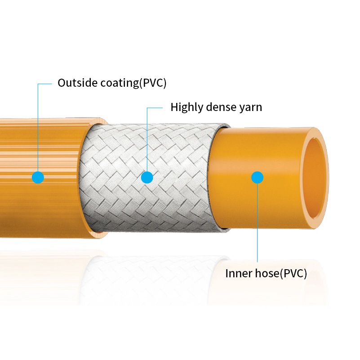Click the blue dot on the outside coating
(x=38, y=177)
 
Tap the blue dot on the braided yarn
(x=147, y=178)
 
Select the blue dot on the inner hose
(x=257, y=178)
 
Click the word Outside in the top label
(x=74, y=83)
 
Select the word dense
(x=222, y=107)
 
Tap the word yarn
(x=252, y=108)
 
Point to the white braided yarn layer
(x=180, y=148)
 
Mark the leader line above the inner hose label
(x=257, y=225)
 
